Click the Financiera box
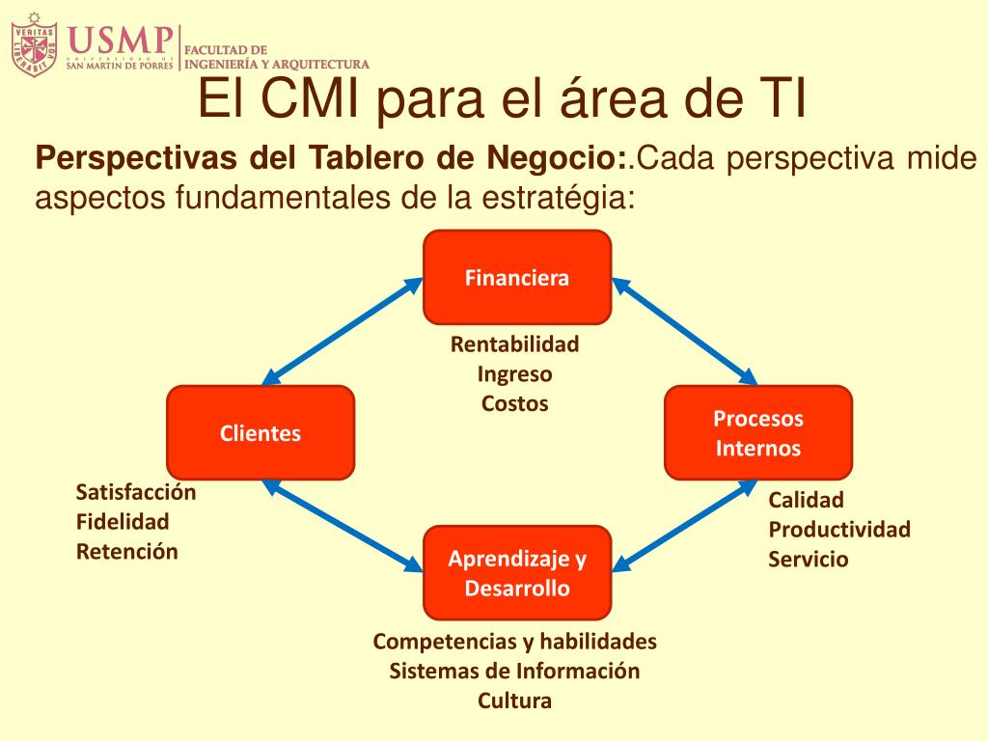[517, 278]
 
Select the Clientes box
[261, 433]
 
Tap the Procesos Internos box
[758, 433]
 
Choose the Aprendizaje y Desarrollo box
[517, 573]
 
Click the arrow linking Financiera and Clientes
[342, 331]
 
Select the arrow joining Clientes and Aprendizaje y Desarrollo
[342, 526]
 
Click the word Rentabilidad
[515, 343]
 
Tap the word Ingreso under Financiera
[515, 373]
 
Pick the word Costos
[515, 403]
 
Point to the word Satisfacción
[136, 492]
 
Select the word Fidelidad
[123, 522]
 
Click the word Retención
[127, 552]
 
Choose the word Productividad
[839, 529]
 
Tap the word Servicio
[809, 559]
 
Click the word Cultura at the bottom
[515, 700]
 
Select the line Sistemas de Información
[515, 671]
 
